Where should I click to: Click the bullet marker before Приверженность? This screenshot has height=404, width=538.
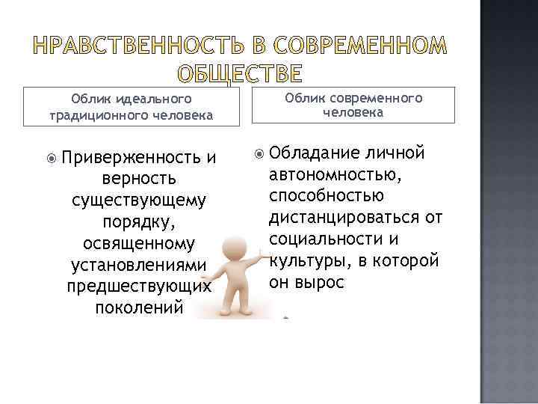50,158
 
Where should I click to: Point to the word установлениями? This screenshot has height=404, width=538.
139,266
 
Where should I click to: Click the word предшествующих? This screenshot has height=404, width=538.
139,287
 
